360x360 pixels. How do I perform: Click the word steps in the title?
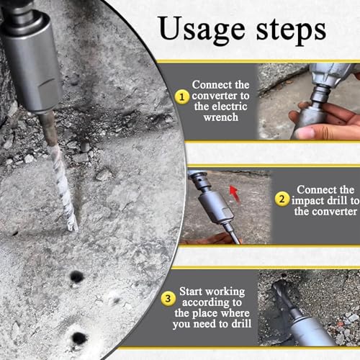(291, 31)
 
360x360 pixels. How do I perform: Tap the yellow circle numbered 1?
(181, 97)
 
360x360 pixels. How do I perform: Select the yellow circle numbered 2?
(282, 199)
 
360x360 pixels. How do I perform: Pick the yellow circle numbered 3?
(168, 299)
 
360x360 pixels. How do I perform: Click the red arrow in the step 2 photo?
(235, 194)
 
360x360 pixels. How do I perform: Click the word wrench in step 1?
(221, 117)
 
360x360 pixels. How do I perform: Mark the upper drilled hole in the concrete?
(76, 277)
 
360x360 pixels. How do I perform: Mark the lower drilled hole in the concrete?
(79, 338)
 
